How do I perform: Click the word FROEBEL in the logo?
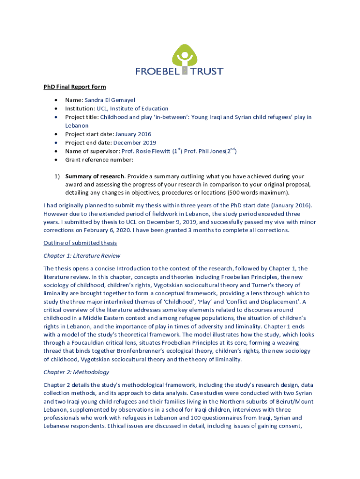(x=158, y=72)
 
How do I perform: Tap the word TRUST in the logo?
(x=206, y=72)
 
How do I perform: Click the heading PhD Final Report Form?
(x=74, y=87)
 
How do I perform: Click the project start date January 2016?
(x=136, y=134)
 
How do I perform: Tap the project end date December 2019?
(x=135, y=143)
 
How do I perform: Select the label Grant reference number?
(x=99, y=160)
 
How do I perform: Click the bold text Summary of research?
(x=95, y=176)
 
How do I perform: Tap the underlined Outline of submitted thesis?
(x=80, y=243)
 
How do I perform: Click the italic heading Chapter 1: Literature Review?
(x=82, y=256)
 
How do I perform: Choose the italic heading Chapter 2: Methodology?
(x=76, y=372)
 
